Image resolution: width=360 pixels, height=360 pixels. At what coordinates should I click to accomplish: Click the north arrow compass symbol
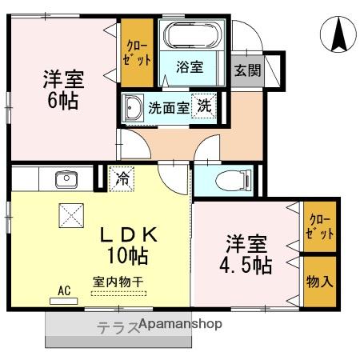[x=339, y=34]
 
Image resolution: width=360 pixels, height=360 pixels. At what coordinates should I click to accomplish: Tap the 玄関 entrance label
[x=247, y=70]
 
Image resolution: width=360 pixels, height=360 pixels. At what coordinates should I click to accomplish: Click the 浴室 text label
[x=190, y=69]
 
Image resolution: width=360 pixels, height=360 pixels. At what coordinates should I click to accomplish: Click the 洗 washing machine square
[x=206, y=106]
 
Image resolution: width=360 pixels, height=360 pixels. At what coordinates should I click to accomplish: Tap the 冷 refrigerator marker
[x=122, y=176]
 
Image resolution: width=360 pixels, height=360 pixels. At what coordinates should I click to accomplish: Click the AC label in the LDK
[x=63, y=291]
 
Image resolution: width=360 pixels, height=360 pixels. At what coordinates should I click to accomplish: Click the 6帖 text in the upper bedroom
[x=61, y=102]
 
